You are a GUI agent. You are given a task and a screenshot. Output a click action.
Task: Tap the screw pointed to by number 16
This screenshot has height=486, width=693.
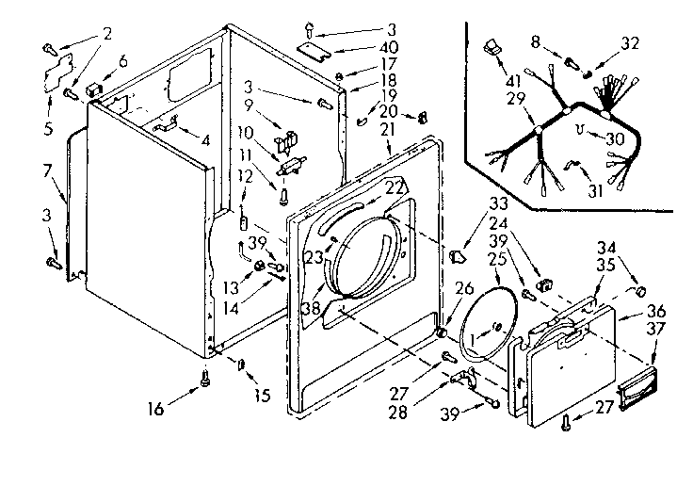click(203, 381)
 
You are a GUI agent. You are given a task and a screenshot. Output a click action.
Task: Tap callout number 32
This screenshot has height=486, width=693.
click(630, 43)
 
